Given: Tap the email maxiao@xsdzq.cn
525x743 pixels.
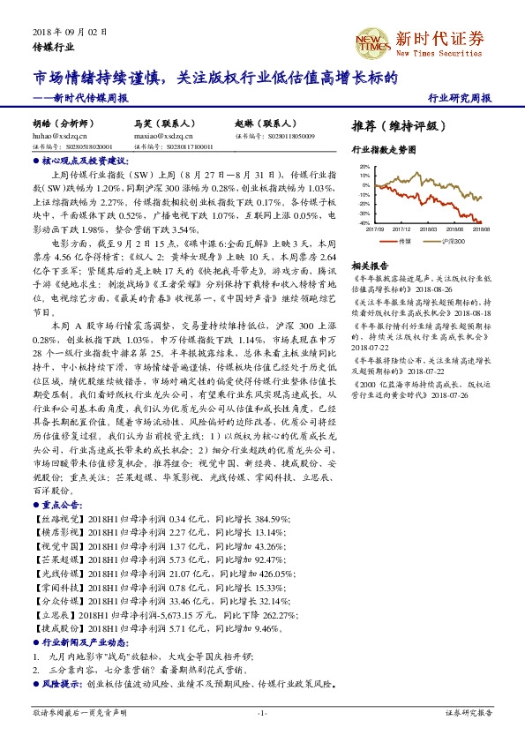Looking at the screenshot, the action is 163,137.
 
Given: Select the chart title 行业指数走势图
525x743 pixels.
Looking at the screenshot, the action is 383,151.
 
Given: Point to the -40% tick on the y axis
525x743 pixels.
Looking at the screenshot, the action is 364,223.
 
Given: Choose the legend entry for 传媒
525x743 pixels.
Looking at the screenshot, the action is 403,239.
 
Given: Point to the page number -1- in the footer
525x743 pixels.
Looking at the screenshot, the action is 262,712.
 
